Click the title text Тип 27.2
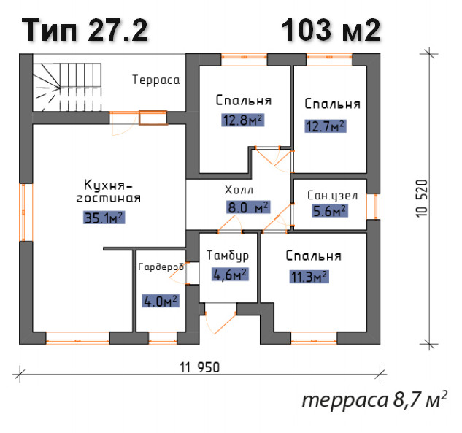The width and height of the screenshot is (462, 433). coord(85,30)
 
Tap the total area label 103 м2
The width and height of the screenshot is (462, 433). coord(331,30)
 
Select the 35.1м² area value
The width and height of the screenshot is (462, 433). coord(104,218)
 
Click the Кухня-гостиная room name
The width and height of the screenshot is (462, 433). coord(109,191)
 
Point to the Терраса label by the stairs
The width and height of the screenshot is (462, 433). coord(156,80)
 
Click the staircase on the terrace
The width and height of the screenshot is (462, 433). coord(67,87)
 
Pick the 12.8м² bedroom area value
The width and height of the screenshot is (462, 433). coord(243,120)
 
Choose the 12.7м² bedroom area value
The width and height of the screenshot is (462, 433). coord(326,126)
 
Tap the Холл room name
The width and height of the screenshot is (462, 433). coord(239,190)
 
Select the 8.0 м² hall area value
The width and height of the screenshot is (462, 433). coord(248,207)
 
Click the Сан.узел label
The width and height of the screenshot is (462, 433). coord(332,196)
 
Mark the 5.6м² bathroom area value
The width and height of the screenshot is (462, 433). coord(330,211)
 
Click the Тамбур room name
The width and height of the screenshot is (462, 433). coord(228,256)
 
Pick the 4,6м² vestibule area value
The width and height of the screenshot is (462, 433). coord(230,275)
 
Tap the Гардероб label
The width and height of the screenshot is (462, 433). coord(161,267)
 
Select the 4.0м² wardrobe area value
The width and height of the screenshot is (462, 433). coord(161,302)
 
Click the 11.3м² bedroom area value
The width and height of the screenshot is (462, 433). coord(309,277)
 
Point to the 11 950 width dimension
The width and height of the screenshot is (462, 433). coord(200,368)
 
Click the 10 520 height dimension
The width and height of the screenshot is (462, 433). coord(422,198)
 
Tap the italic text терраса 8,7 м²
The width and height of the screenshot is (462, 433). coord(375,399)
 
